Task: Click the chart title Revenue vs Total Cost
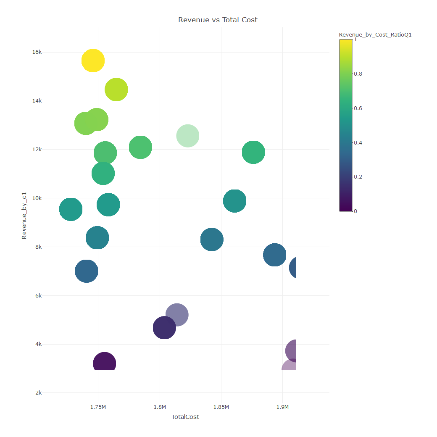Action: click(218, 20)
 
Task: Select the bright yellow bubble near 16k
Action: click(93, 61)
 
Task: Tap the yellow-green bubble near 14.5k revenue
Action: click(116, 90)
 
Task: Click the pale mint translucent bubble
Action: click(188, 136)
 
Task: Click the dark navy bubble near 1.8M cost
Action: click(164, 328)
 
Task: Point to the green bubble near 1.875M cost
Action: click(253, 152)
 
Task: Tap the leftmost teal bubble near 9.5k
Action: click(71, 209)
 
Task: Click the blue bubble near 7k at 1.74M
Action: click(87, 271)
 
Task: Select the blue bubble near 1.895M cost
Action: click(275, 255)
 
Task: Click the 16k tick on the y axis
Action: click(37, 52)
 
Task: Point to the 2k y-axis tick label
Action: click(38, 393)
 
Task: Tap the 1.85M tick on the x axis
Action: click(221, 407)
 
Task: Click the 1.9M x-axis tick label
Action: click(282, 407)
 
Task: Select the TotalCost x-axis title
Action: click(185, 417)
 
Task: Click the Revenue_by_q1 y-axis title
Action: click(24, 216)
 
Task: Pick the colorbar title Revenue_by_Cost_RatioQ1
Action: click(375, 35)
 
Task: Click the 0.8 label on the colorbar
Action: click(358, 74)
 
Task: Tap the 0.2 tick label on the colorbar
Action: click(358, 177)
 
